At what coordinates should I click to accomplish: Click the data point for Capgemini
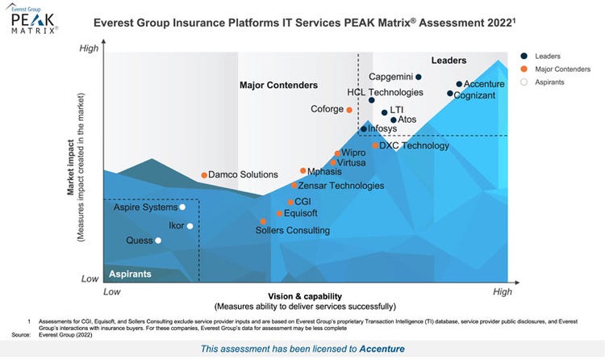(x=419, y=77)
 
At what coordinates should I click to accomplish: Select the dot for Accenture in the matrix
(x=459, y=84)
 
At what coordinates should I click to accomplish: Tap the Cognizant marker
(x=450, y=94)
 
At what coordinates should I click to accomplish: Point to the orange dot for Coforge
(x=349, y=110)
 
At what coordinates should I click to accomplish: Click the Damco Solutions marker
(x=203, y=175)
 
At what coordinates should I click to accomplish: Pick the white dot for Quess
(x=158, y=241)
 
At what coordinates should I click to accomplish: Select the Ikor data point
(x=190, y=226)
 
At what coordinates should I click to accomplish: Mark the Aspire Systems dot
(x=182, y=207)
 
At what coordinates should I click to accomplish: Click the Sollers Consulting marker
(x=263, y=221)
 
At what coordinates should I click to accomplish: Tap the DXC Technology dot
(x=375, y=146)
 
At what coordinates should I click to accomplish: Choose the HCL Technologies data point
(x=372, y=101)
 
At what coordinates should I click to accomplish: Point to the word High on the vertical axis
(x=89, y=49)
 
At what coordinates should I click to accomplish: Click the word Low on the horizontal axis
(x=111, y=291)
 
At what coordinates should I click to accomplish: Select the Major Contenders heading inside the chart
(x=278, y=85)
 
